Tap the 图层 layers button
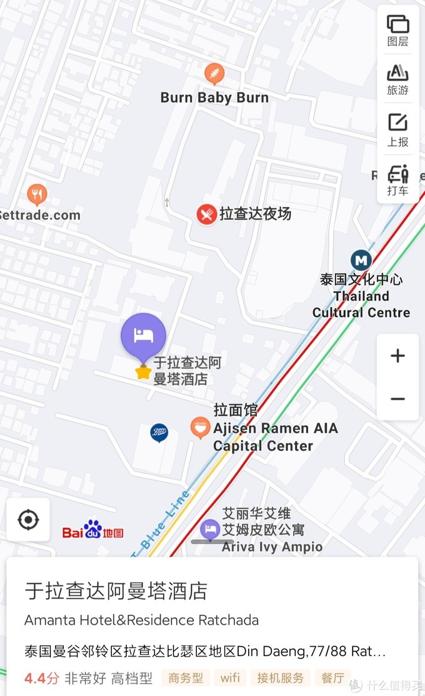tap(397, 31)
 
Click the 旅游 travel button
tap(397, 79)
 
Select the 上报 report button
tap(397, 130)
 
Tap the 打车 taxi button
tap(397, 180)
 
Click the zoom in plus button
tap(397, 356)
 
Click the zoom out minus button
tap(397, 399)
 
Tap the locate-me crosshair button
tap(28, 519)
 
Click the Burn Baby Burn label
tap(214, 97)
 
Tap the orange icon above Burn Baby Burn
tap(214, 74)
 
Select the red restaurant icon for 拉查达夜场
tap(206, 214)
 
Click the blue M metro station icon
tap(361, 260)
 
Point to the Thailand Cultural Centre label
tap(361, 304)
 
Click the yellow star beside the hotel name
tap(143, 372)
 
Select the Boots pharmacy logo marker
tap(159, 432)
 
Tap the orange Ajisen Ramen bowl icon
tap(200, 428)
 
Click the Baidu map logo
tap(92, 530)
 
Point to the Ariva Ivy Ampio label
tap(272, 547)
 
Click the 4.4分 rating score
tap(41, 678)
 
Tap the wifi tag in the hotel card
tap(229, 678)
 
